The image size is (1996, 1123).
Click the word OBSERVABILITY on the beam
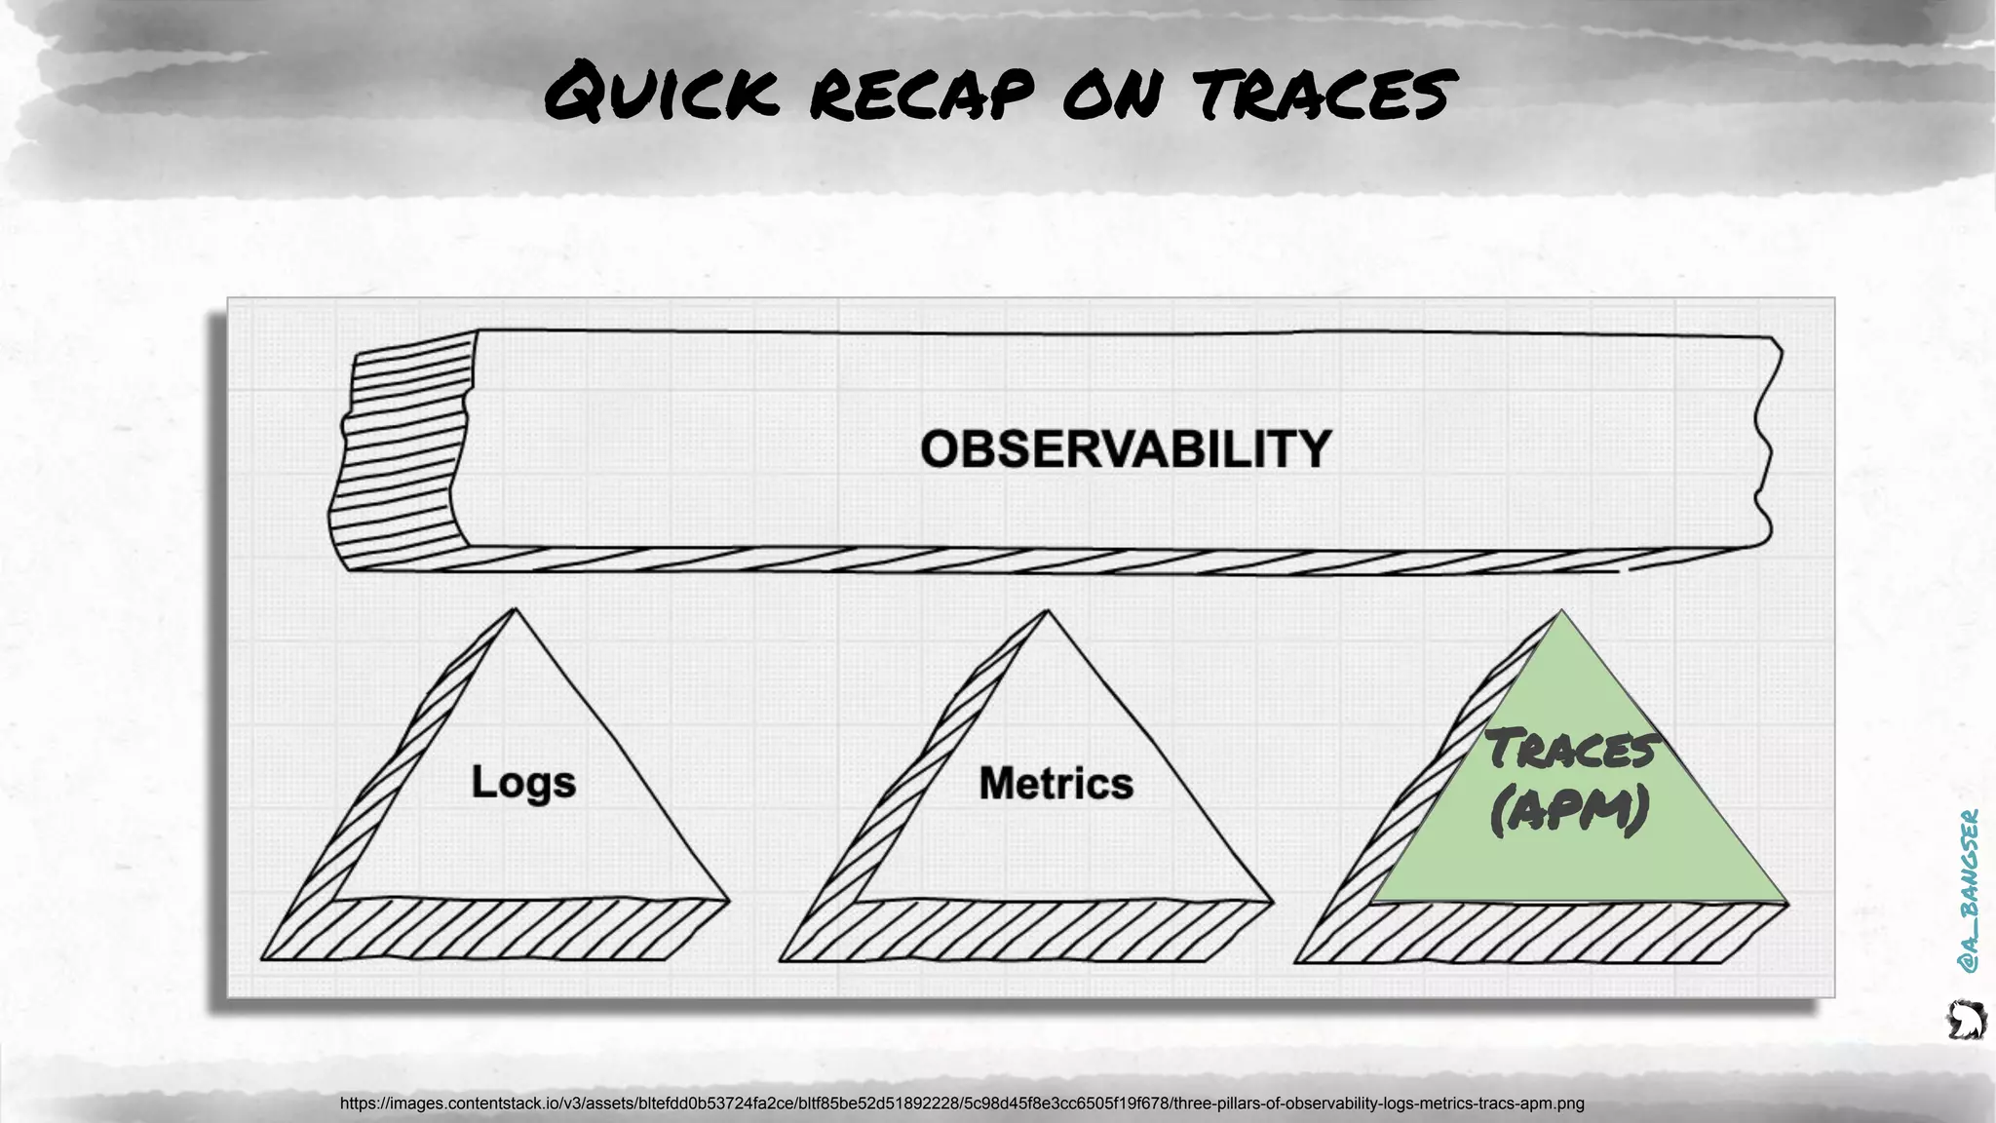1126,449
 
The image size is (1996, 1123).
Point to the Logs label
523,783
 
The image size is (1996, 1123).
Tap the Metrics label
1056,783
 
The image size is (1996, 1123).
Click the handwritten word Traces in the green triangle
1570,750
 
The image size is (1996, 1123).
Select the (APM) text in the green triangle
1569,811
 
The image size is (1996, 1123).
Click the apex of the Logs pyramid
515,612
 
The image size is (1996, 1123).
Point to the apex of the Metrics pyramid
1047,614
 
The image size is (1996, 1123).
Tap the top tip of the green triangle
1561,614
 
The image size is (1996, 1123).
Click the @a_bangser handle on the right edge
1968,890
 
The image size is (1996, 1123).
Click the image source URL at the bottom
962,1104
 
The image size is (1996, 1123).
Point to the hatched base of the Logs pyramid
497,931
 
